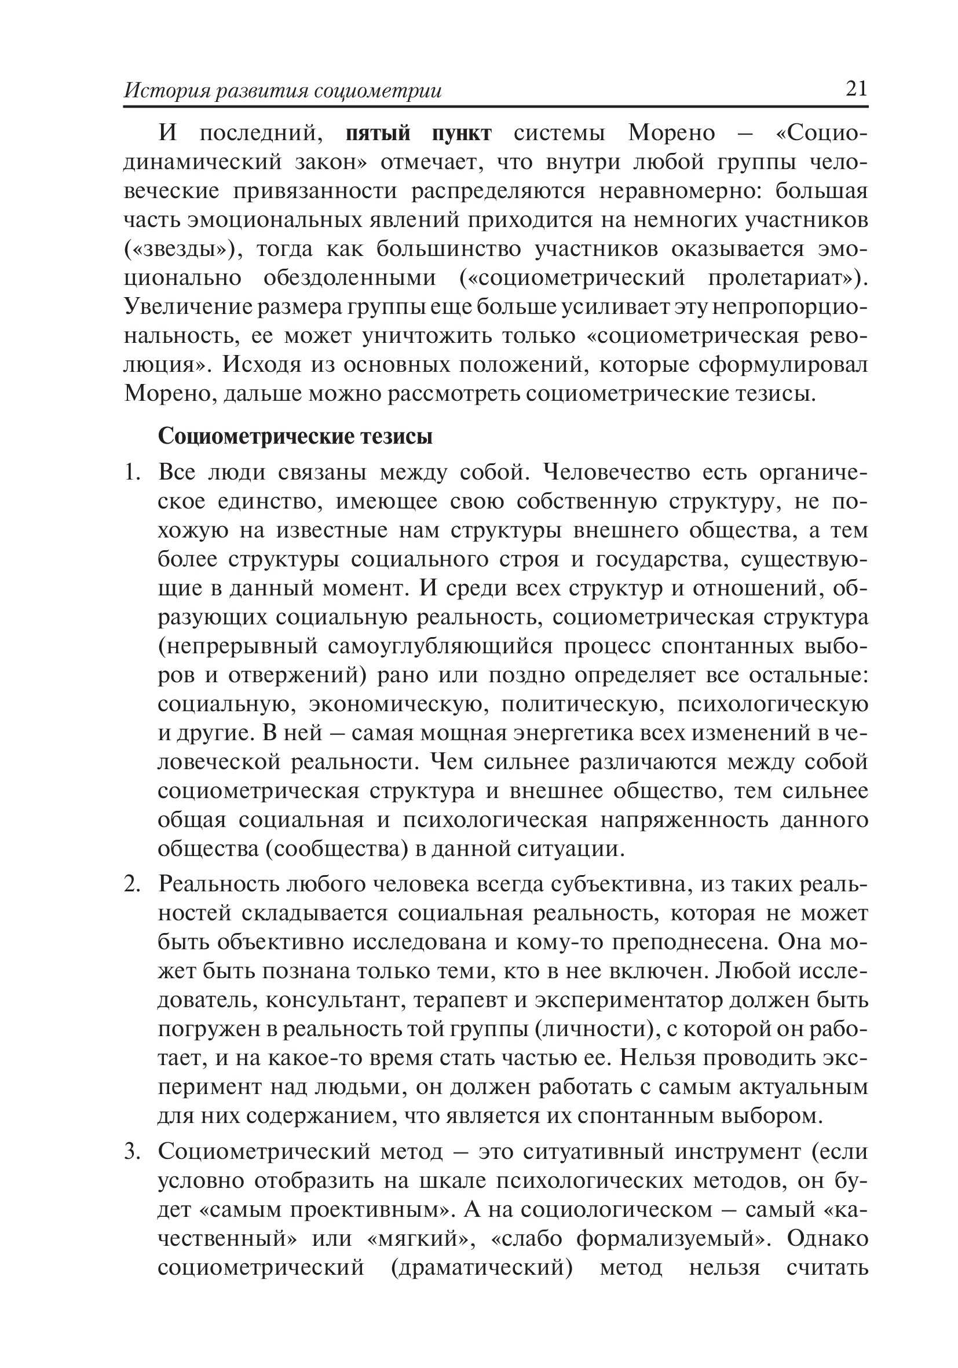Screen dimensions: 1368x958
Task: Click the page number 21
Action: pos(856,89)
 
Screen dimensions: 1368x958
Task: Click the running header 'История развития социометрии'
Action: pos(283,90)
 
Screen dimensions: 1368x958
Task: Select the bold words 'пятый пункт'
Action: pos(419,133)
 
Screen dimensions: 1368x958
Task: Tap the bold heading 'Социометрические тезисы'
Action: pos(295,437)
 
